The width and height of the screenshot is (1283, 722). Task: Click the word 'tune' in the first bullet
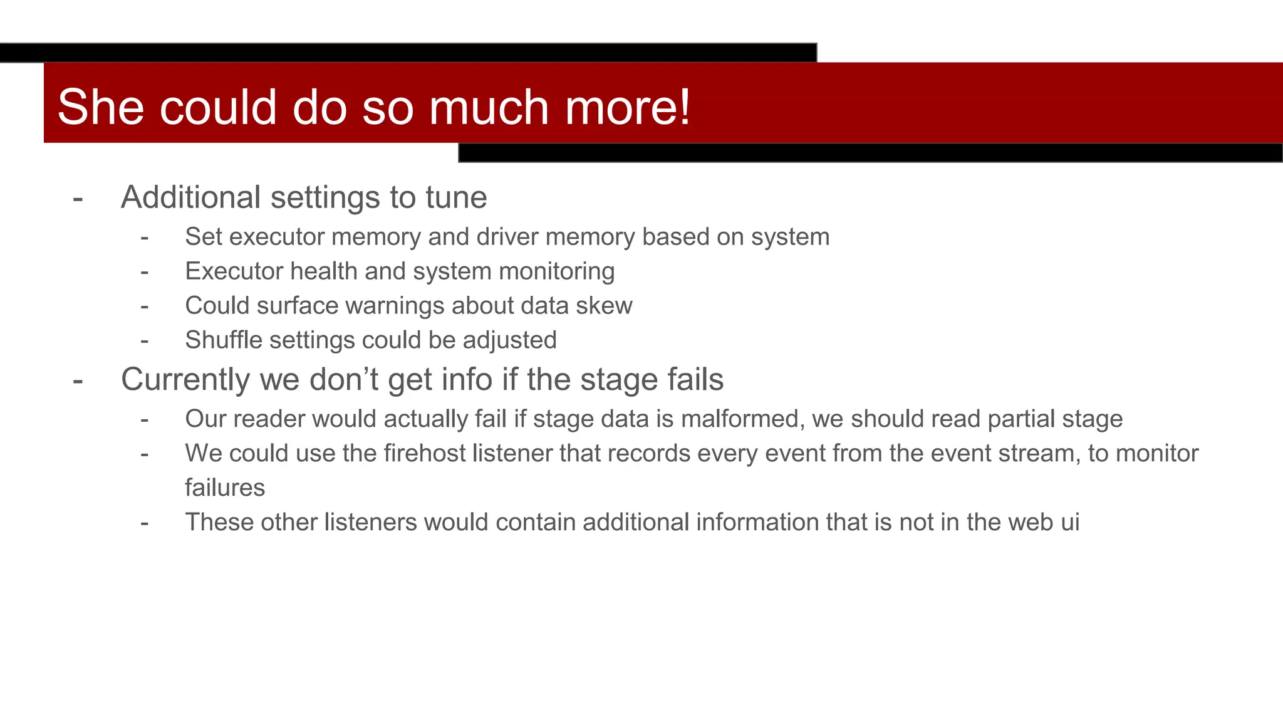[456, 197]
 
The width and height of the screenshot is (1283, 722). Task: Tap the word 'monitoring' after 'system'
[556, 271]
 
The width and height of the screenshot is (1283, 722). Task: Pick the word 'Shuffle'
[224, 340]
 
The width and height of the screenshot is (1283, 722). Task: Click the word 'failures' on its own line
[225, 488]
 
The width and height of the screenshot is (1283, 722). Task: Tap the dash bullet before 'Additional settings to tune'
[78, 199]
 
